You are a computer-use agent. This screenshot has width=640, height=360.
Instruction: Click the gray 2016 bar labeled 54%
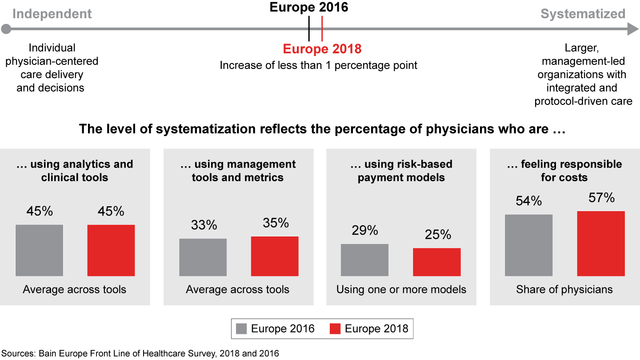click(x=528, y=245)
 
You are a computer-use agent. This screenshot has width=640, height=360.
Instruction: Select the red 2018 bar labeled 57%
click(x=601, y=244)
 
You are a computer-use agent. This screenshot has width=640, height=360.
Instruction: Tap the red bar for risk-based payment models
click(x=436, y=262)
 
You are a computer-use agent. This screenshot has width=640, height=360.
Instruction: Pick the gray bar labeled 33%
click(x=203, y=257)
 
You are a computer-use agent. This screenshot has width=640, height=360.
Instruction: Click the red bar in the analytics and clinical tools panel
click(x=111, y=250)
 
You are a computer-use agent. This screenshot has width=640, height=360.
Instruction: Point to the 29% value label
click(x=365, y=230)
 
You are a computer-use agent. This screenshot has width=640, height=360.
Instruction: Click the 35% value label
click(x=276, y=223)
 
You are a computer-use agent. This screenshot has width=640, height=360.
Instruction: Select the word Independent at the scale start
click(x=52, y=14)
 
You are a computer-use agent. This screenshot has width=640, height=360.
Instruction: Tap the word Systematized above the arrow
click(x=583, y=14)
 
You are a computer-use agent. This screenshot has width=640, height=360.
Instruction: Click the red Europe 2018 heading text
click(x=322, y=49)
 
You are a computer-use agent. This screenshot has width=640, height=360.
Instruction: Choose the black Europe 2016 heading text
click(x=309, y=7)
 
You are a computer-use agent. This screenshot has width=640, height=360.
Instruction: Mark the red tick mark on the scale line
click(x=322, y=28)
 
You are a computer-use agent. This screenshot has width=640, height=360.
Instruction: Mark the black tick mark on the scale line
click(x=309, y=28)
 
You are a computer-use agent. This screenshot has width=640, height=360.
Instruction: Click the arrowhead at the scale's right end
click(x=633, y=30)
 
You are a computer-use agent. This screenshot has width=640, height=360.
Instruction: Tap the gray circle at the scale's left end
click(x=6, y=30)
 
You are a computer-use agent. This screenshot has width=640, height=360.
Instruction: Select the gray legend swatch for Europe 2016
click(x=241, y=329)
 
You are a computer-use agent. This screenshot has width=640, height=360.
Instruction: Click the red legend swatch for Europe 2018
click(x=335, y=329)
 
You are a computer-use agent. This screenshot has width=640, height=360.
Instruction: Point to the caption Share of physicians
click(x=564, y=290)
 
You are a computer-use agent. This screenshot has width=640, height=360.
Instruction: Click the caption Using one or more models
click(x=401, y=290)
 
